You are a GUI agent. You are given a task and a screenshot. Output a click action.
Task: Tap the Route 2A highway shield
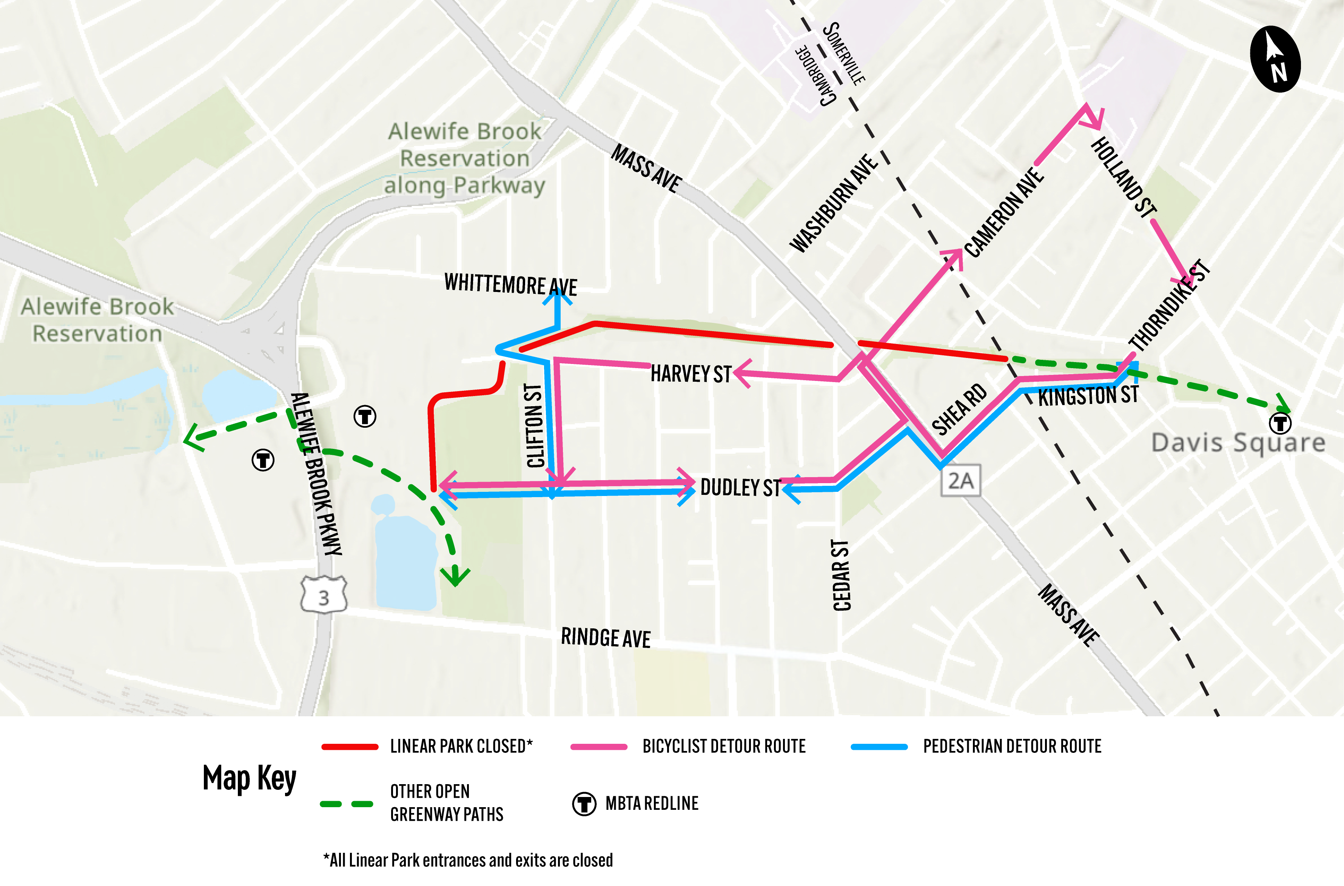click(x=960, y=481)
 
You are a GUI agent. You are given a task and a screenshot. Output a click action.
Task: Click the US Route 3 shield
click(x=324, y=596)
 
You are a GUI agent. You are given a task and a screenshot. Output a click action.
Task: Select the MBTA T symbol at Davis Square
click(x=1280, y=423)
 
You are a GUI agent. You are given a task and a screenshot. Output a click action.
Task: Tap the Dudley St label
click(x=740, y=487)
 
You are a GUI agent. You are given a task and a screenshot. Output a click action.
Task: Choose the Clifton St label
click(x=534, y=425)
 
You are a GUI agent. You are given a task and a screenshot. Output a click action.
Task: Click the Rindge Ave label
click(x=605, y=638)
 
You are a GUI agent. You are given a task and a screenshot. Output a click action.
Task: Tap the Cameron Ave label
click(x=1003, y=212)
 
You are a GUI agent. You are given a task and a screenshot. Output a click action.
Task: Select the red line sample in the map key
click(x=350, y=746)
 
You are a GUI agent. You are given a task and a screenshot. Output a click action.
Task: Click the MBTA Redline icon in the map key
click(x=584, y=803)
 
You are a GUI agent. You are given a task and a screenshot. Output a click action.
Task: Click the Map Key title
click(x=249, y=779)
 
